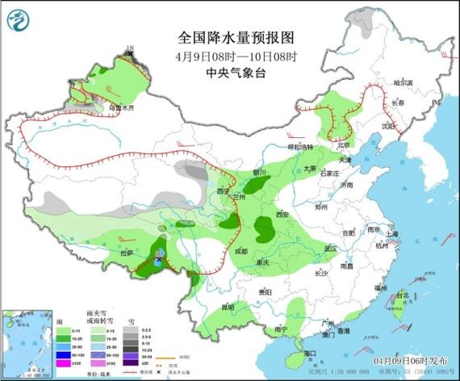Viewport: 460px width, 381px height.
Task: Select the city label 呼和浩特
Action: pos(301,148)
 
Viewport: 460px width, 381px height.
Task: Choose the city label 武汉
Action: pos(329,247)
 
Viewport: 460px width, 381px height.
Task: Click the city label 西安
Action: pos(282,216)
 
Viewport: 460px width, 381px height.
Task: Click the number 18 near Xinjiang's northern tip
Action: pos(128,50)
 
